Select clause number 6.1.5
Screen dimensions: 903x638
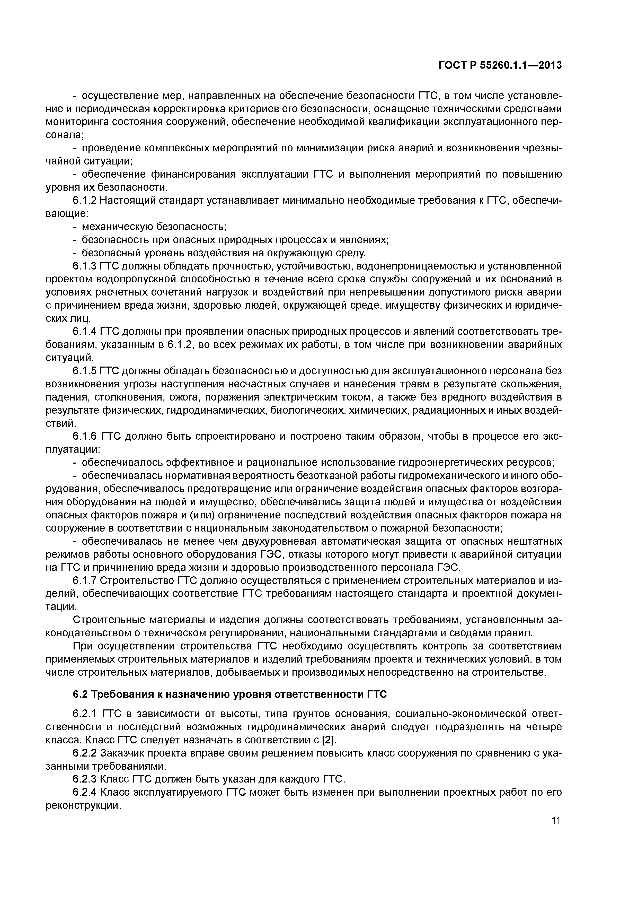pos(85,371)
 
